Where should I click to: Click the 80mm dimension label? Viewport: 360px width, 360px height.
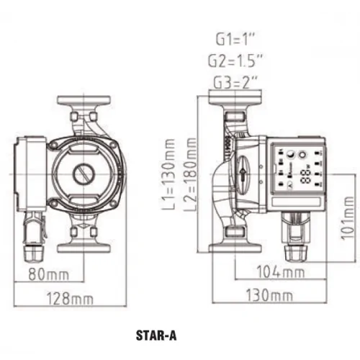[x=49, y=274]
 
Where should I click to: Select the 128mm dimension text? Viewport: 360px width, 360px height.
[x=70, y=299]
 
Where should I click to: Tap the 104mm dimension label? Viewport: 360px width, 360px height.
[x=281, y=272]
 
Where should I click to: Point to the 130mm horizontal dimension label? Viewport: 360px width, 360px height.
[x=270, y=295]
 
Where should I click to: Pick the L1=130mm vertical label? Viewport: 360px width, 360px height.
[x=168, y=174]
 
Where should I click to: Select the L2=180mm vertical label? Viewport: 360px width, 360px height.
[x=190, y=174]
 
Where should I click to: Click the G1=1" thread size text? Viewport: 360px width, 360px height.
[x=235, y=40]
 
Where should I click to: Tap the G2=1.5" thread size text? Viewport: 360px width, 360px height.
[x=235, y=61]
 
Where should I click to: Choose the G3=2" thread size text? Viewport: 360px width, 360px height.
[x=235, y=82]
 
